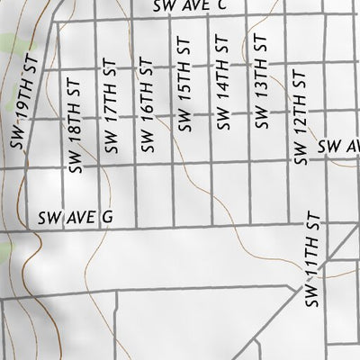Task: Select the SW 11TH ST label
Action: [x=311, y=261]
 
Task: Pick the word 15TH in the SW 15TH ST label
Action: [x=186, y=94]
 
